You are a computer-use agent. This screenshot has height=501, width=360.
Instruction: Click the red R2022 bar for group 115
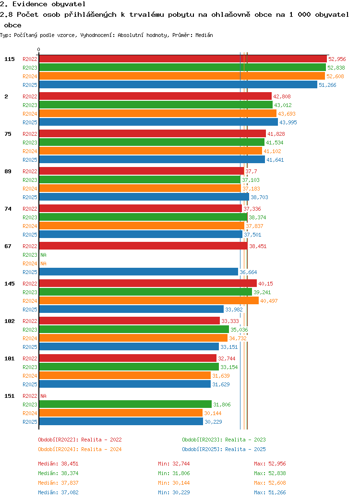[x=183, y=59]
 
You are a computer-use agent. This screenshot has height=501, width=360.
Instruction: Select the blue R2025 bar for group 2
[x=158, y=122]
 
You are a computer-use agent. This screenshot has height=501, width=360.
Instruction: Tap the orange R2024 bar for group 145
[x=149, y=301]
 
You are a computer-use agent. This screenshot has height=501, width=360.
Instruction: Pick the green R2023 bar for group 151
[x=125, y=404]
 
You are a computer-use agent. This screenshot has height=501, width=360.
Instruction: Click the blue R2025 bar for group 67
[x=138, y=272]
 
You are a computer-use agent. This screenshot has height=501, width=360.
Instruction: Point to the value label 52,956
[x=337, y=59]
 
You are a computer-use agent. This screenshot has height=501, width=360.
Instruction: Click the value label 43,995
[x=288, y=122]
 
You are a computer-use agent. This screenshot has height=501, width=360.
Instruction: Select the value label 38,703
[x=259, y=197]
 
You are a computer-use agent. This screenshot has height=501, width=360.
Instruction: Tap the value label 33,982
[x=234, y=310]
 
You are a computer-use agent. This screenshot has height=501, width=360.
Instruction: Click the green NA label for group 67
[x=44, y=255]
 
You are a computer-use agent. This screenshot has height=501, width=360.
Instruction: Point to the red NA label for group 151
[x=44, y=396]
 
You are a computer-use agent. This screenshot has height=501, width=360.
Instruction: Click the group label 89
[x=8, y=171]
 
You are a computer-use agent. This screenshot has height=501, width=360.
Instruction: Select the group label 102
[x=10, y=321]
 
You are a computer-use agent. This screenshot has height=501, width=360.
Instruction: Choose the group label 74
[x=8, y=209]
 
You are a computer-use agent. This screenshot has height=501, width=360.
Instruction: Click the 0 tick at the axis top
[x=39, y=49]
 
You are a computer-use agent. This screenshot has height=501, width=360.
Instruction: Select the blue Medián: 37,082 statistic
[x=58, y=492]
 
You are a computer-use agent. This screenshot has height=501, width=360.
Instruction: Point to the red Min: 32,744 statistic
[x=174, y=464]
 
